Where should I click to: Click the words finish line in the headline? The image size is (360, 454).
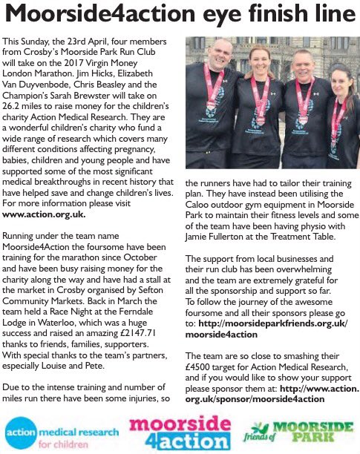point(301,14)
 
